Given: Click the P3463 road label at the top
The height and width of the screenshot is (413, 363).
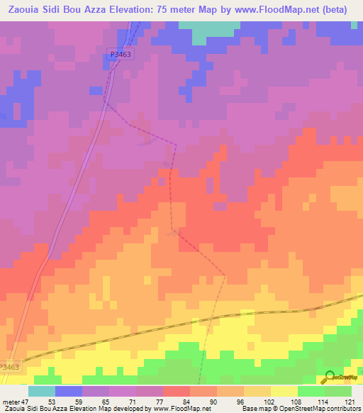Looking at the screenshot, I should (120, 53).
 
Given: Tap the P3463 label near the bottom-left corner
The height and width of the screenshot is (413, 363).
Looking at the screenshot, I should (10, 367).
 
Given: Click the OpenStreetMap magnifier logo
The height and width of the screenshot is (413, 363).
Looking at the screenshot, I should (330, 377).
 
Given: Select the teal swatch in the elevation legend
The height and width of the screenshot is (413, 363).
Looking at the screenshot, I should (42, 391).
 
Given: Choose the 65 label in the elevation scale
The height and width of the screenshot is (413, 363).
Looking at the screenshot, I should (104, 402).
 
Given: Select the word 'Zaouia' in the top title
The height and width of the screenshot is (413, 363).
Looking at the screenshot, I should (23, 10).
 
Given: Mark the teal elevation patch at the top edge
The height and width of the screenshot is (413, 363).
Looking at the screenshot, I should (206, 27).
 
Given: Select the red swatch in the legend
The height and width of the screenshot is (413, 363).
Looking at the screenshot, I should (177, 391).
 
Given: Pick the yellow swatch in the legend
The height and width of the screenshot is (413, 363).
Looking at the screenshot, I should (284, 391).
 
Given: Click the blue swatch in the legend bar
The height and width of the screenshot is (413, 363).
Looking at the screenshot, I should (69, 391).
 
